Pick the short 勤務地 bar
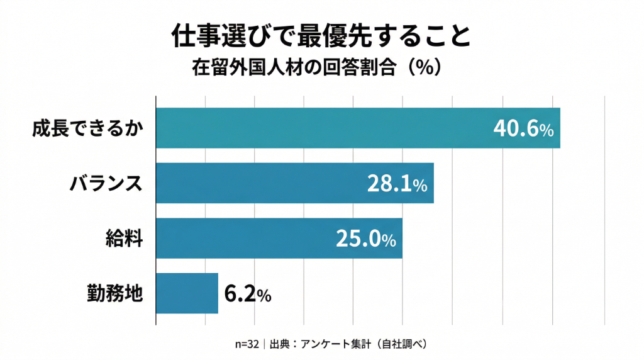pos(187,293)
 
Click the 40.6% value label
pos(523,129)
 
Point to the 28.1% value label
pos(397,184)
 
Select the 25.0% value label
pos(365,239)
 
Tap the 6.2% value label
pos(248,293)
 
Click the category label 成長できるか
pos(88,129)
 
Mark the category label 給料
pos(125,239)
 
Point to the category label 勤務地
pos(116,293)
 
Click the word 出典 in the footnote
pos(280,344)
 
